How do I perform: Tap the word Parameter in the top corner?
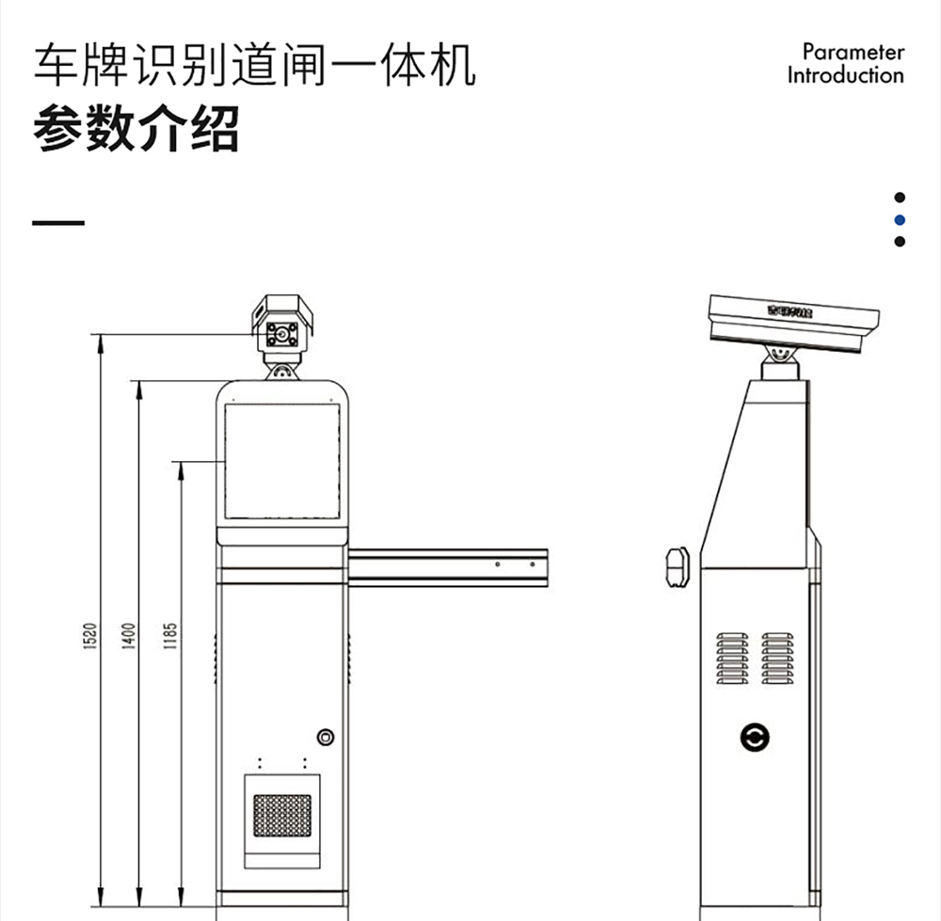pyautogui.click(x=853, y=52)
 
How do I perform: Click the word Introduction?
pyautogui.click(x=845, y=75)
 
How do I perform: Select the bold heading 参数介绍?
pyautogui.click(x=136, y=130)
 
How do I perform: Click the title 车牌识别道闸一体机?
pyautogui.click(x=254, y=66)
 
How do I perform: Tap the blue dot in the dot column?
pyautogui.click(x=900, y=219)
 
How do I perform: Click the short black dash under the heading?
pyautogui.click(x=58, y=224)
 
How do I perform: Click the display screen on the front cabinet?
pyautogui.click(x=282, y=461)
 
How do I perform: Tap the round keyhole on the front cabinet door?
pyautogui.click(x=326, y=737)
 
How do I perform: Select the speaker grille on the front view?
pyautogui.click(x=282, y=814)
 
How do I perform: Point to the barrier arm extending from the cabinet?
pyautogui.click(x=447, y=567)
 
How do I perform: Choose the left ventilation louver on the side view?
pyautogui.click(x=732, y=658)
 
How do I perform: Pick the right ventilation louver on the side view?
pyautogui.click(x=777, y=658)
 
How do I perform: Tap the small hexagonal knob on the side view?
pyautogui.click(x=678, y=567)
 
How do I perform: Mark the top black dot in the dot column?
pyautogui.click(x=900, y=198)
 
